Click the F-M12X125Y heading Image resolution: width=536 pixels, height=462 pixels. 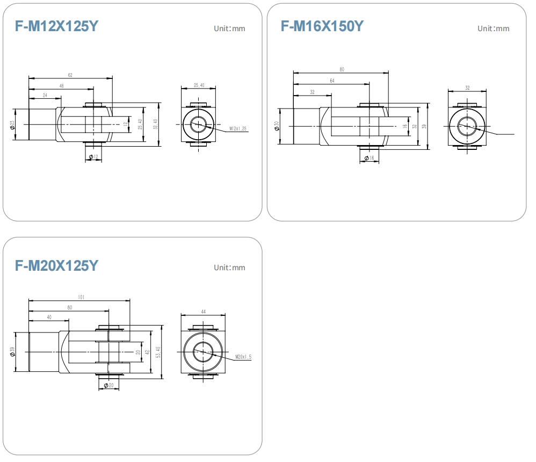56,26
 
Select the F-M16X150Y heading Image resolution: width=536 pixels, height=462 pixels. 322,26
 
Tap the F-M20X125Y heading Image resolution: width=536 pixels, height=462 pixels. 56,266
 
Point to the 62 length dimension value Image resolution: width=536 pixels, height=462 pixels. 70,75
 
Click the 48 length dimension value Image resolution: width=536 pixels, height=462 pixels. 62,86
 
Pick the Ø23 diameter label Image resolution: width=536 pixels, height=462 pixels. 12,125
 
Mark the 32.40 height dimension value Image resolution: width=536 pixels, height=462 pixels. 156,124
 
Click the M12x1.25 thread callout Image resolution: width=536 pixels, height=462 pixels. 238,128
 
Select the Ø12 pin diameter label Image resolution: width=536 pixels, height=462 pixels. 93,157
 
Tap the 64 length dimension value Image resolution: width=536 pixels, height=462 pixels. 332,81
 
